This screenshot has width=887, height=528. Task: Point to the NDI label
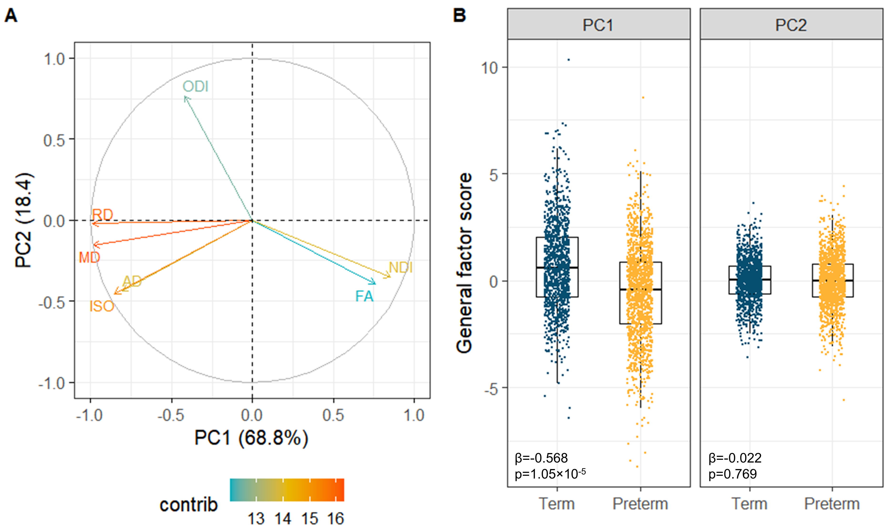[x=401, y=268]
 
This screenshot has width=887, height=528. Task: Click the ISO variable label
[x=102, y=306]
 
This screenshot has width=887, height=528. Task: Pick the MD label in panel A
[x=89, y=257]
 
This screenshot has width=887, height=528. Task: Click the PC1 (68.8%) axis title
[x=251, y=438]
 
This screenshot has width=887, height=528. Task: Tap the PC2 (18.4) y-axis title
[x=24, y=220]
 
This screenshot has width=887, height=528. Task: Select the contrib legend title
[x=188, y=505]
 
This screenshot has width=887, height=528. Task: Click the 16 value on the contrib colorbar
[x=335, y=519]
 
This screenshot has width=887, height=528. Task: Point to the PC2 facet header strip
[x=791, y=25]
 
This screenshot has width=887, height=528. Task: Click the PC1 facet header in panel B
[x=598, y=25]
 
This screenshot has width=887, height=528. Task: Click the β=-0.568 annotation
[x=541, y=458]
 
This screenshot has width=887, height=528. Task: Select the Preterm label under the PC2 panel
[x=832, y=504]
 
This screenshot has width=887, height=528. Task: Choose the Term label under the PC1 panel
[x=557, y=504]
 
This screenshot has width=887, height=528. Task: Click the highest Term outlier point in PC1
[x=569, y=60]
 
